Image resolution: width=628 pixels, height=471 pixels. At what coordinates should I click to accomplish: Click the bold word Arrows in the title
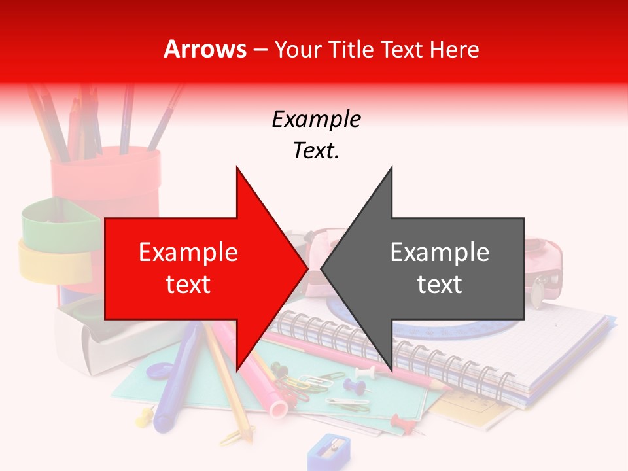(205, 49)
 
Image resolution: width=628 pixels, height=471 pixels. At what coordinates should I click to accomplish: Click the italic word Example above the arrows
(316, 120)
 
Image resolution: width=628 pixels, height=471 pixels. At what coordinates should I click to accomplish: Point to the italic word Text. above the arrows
(316, 151)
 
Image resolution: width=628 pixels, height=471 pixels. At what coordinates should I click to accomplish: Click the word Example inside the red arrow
(188, 253)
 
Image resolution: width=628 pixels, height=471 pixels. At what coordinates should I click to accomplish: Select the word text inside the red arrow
(188, 285)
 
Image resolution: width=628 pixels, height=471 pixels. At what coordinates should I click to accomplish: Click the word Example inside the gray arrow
(440, 253)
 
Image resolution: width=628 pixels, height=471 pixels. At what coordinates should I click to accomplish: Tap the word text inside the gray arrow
(440, 285)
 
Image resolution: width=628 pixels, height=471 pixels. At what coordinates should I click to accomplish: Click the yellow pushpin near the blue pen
(144, 416)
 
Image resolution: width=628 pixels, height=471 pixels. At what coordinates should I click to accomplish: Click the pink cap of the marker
(278, 409)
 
